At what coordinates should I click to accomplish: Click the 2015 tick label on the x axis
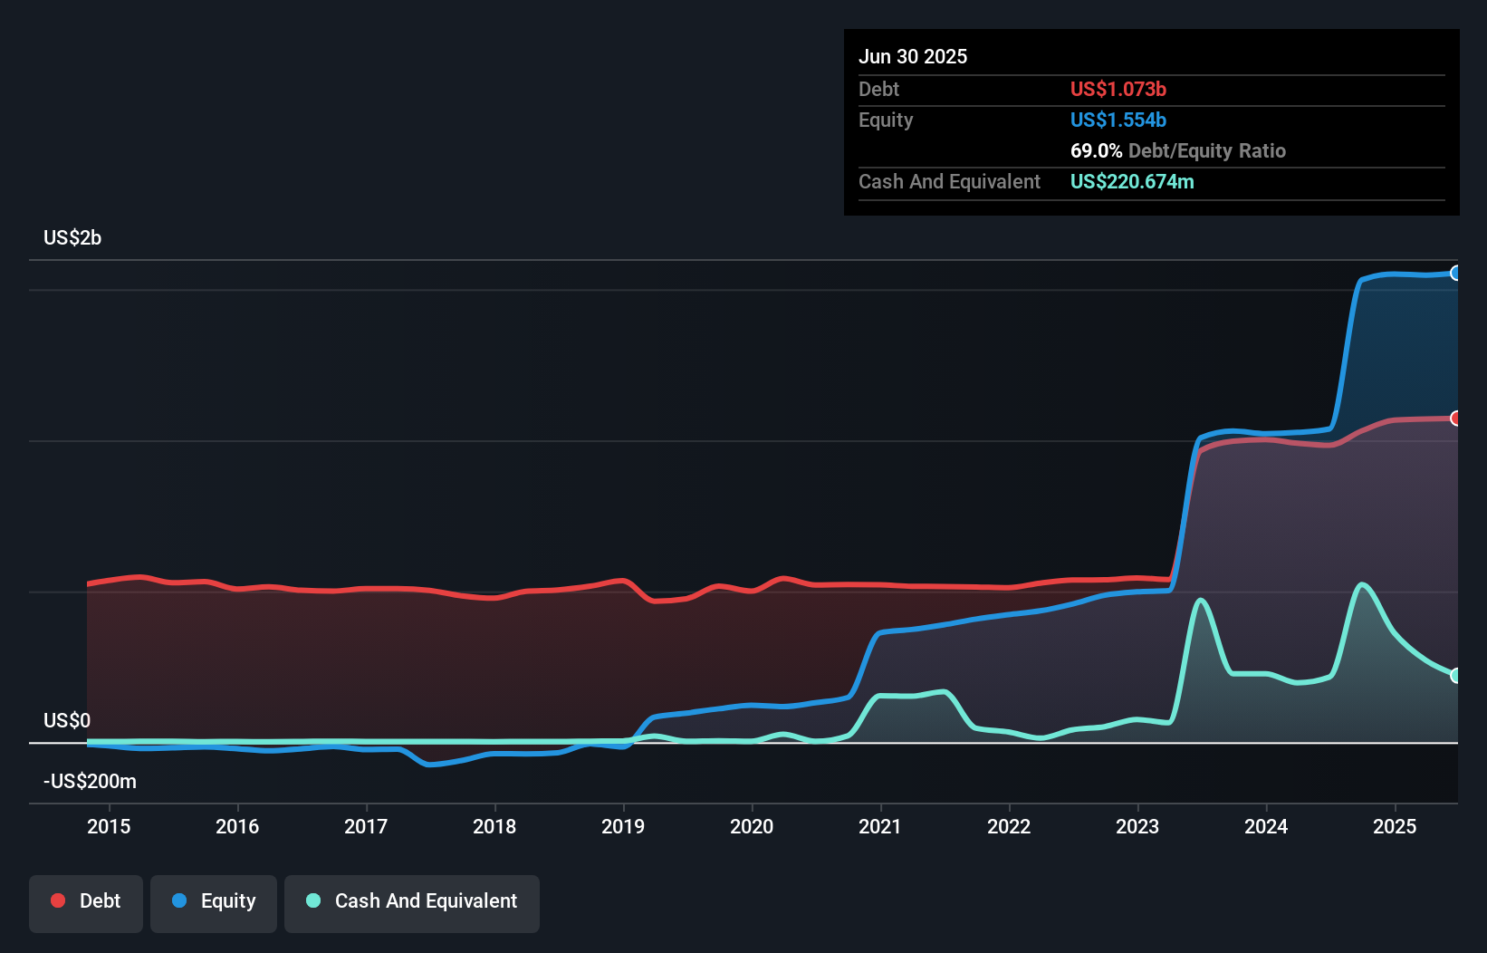(109, 826)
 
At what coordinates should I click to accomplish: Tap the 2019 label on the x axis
(623, 826)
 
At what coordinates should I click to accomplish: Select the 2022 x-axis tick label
(1009, 826)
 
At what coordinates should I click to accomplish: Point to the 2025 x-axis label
(1395, 826)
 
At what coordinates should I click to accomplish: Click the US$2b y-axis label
(72, 237)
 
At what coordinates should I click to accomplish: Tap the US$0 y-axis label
(67, 720)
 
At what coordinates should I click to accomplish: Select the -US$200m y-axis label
(90, 781)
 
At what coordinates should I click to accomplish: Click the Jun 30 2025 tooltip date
(913, 56)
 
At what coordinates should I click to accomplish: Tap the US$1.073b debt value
(1118, 89)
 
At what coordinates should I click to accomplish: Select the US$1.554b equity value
(1118, 120)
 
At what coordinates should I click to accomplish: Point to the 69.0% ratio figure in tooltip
(1096, 150)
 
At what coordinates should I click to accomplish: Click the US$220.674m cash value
(1132, 181)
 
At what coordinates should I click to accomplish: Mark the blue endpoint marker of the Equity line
(1455, 273)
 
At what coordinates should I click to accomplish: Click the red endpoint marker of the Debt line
(1455, 418)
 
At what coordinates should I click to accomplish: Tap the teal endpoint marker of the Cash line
(1455, 675)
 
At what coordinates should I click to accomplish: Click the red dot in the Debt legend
(58, 900)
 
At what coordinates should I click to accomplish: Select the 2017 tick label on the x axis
(366, 826)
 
